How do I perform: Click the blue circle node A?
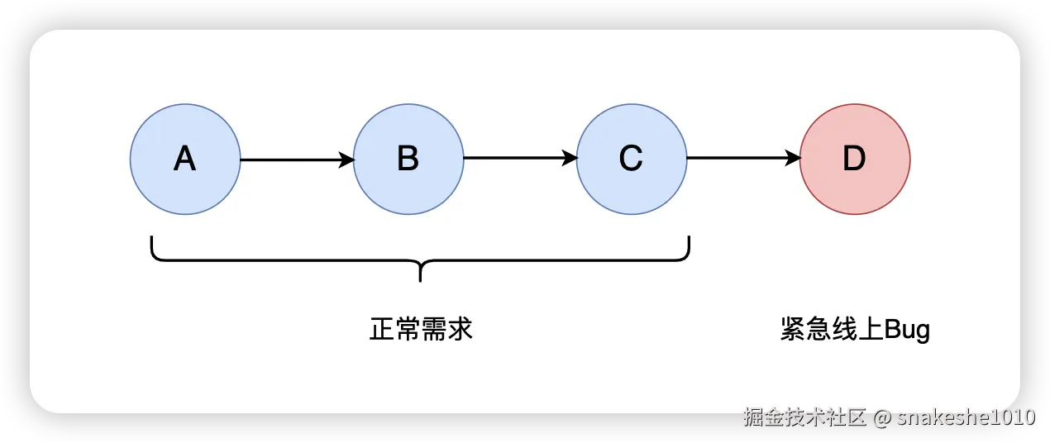pos(185,160)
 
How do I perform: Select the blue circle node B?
pos(408,160)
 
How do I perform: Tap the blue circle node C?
pos(632,160)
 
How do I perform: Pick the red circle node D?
pos(855,160)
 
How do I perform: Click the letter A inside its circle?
pos(185,159)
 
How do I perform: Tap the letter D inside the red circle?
pos(854,159)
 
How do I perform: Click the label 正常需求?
pos(421,330)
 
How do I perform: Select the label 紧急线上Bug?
pos(855,330)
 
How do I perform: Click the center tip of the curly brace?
pos(420,278)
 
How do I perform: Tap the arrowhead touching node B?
pos(346,160)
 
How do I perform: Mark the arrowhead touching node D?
pos(793,160)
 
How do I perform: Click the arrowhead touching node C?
pos(570,160)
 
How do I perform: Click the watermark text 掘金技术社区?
pos(804,416)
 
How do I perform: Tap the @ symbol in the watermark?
pos(881,417)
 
